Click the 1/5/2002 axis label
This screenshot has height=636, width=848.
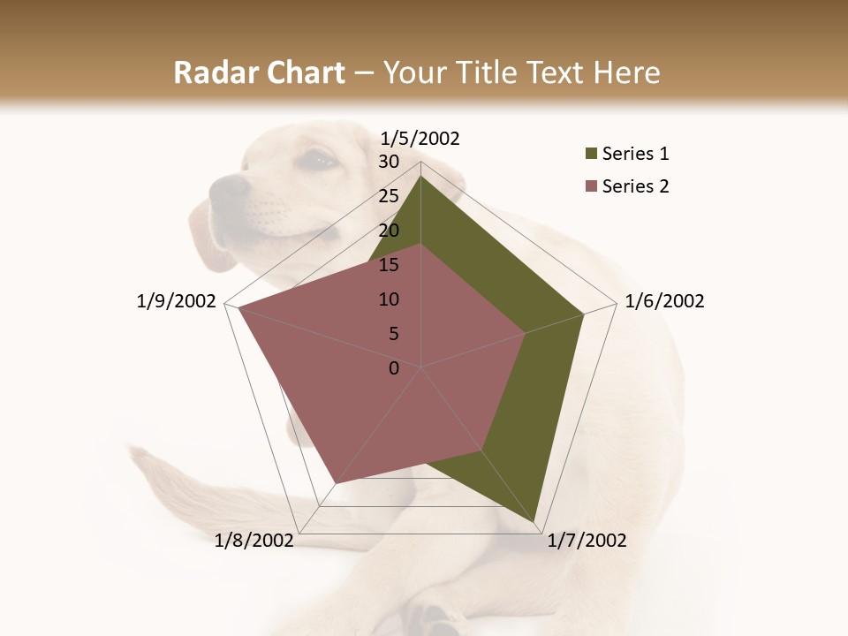point(420,138)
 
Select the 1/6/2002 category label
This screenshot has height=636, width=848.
point(664,301)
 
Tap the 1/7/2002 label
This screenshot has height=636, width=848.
point(587,541)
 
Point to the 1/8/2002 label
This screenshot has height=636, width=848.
point(254,541)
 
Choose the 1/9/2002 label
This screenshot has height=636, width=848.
point(177,301)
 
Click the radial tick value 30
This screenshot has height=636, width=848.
point(389,162)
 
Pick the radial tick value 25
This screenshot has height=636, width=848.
point(389,196)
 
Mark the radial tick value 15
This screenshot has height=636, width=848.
point(389,265)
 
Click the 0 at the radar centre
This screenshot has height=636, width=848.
point(394,367)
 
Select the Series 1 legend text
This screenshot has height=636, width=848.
point(635,154)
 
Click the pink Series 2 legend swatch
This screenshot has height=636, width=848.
point(589,186)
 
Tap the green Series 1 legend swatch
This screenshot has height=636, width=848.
point(589,155)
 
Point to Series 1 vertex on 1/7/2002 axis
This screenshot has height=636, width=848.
point(535,521)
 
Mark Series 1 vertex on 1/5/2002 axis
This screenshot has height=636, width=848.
point(420,177)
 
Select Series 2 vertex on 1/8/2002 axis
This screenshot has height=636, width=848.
point(336,482)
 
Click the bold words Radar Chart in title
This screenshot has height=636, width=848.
point(259,73)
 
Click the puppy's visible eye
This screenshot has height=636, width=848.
point(318,160)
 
